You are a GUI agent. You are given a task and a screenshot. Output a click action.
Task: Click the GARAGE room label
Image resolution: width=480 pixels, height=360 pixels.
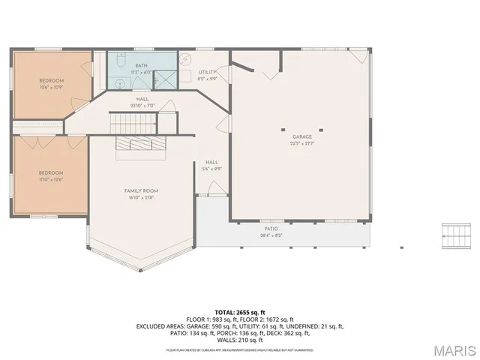(x=302, y=136)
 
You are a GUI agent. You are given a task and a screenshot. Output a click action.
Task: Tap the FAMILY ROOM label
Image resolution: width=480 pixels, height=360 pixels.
(x=141, y=191)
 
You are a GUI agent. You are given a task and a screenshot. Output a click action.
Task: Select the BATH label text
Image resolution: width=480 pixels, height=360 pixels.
(x=141, y=66)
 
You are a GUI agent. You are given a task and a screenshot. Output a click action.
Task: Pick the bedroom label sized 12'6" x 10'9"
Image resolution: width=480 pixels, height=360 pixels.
(x=52, y=80)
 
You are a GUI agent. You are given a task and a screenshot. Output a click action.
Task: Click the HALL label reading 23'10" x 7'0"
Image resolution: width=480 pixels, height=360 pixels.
(x=142, y=99)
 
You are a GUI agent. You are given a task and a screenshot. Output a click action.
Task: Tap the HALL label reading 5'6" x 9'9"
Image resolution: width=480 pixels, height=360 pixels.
(x=211, y=162)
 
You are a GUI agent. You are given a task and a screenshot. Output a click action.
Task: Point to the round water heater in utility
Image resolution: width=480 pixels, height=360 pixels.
(x=187, y=59)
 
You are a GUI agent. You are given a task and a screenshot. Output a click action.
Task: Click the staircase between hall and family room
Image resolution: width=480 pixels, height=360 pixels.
(x=126, y=122)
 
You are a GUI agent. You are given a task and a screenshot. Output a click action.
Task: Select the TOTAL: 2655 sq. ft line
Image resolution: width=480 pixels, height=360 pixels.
(x=240, y=312)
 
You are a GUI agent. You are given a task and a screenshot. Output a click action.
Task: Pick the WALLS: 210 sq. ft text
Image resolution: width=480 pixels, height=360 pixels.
(x=240, y=340)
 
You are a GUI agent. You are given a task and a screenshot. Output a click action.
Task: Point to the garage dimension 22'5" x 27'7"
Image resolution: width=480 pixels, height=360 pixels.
(x=302, y=142)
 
